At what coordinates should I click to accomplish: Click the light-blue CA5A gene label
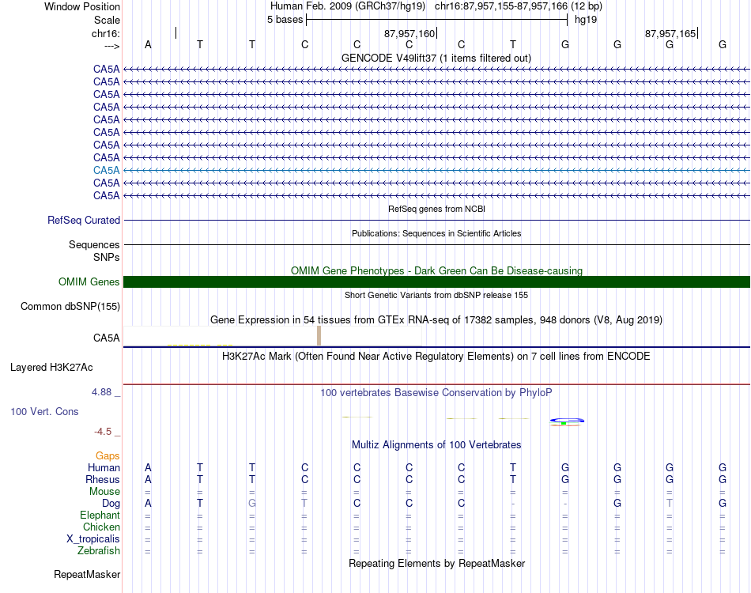[x=106, y=170]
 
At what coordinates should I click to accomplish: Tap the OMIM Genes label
[x=89, y=281]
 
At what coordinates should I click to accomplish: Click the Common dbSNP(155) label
[x=70, y=306]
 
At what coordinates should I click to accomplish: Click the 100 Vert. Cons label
[x=44, y=412]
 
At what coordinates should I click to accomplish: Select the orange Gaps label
[x=108, y=455]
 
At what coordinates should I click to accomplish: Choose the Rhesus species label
[x=103, y=479]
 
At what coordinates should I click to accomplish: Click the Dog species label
[x=111, y=503]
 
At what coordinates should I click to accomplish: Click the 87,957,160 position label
[x=409, y=34]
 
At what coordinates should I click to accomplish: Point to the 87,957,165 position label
[x=670, y=34]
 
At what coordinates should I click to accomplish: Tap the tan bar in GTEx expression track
[x=319, y=335]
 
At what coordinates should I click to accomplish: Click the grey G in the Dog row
[x=252, y=503]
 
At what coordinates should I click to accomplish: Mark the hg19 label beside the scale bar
[x=586, y=19]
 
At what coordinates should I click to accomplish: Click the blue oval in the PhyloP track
[x=567, y=420]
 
